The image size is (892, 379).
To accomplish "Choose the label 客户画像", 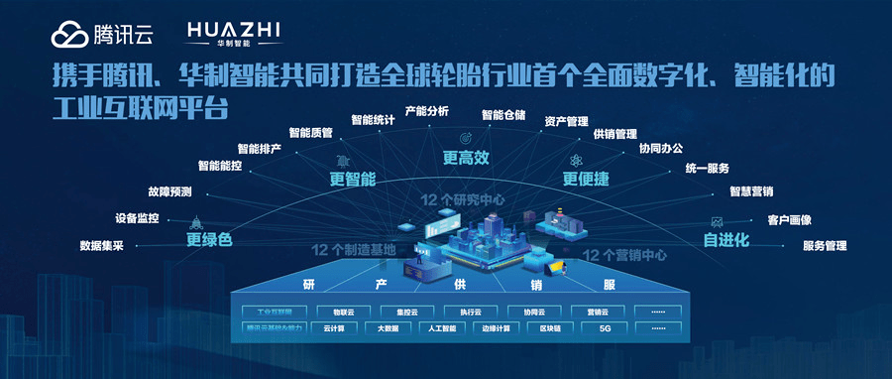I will pos(790,219).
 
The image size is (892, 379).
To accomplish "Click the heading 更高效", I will pos(465,157).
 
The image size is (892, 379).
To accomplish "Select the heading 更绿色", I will pos(209,238).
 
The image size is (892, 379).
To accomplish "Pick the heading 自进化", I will pos(725,239).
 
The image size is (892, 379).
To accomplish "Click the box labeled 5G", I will pos(605,328).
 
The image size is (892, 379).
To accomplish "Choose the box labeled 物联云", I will pos(341,311).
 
